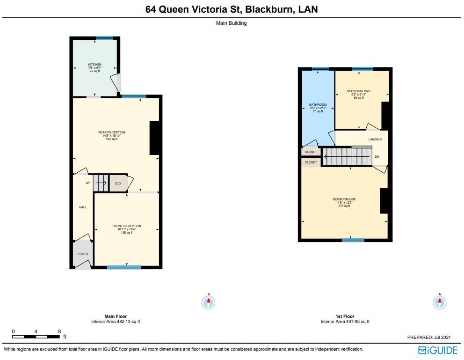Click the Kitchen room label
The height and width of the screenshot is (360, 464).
tap(95, 65)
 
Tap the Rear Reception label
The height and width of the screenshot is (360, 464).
tap(111, 132)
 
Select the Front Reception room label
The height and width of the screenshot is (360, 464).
tap(126, 226)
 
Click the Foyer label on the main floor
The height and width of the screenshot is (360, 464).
tap(82, 254)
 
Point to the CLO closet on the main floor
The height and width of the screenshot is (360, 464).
tap(117, 184)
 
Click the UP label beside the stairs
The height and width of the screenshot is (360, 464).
tap(87, 183)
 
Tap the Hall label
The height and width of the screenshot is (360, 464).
tap(82, 207)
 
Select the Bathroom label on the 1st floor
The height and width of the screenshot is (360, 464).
tap(318, 105)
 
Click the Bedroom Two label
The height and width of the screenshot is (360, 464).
tap(358, 91)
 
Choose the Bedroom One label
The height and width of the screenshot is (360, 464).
tap(344, 199)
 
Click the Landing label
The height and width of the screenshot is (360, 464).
tap(375, 139)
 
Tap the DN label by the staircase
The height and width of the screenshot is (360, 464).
tap(377, 157)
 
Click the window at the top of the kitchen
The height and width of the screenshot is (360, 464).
tap(105, 38)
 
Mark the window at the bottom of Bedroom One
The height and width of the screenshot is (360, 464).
tap(353, 240)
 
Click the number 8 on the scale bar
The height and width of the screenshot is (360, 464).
tap(59, 331)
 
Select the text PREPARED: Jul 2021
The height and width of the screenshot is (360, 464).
tap(429, 337)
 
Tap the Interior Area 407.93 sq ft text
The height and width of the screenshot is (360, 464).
tap(345, 322)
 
